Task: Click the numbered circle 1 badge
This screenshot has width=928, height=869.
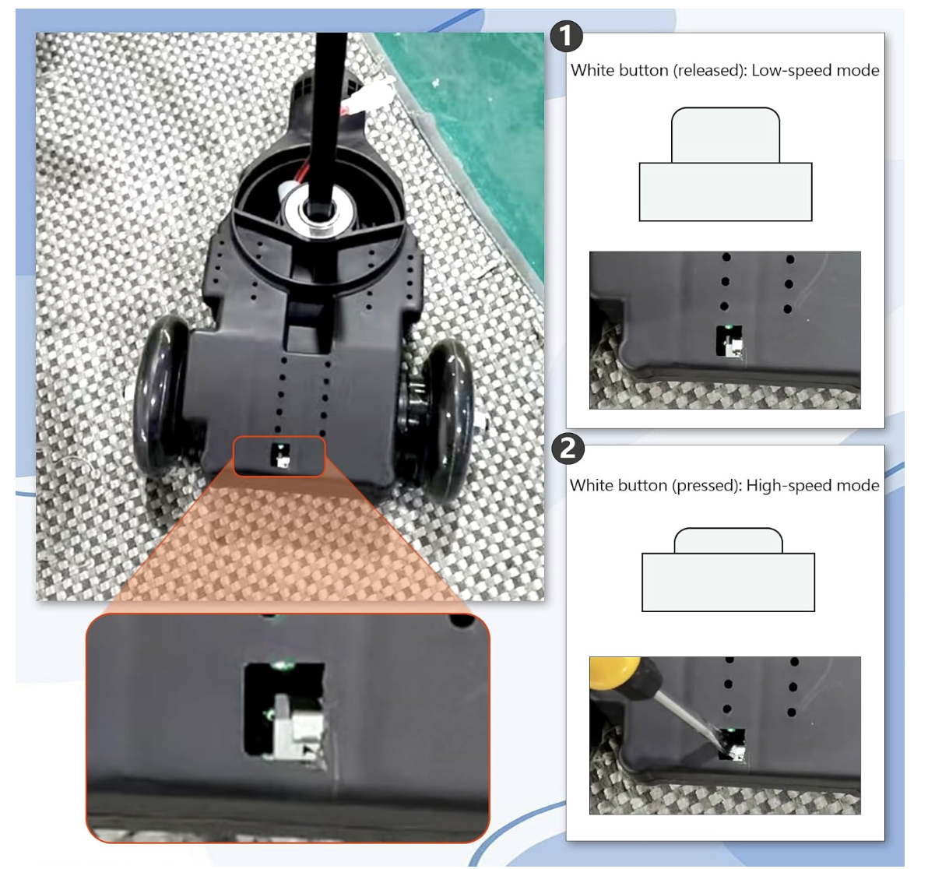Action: [x=567, y=37]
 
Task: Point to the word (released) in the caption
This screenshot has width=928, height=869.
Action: [x=709, y=70]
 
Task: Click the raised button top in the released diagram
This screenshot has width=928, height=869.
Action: [x=725, y=135]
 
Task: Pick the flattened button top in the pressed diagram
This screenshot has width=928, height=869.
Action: [x=728, y=541]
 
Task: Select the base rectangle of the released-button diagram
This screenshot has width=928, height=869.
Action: [x=725, y=192]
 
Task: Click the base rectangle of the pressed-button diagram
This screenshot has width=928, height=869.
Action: [x=728, y=582]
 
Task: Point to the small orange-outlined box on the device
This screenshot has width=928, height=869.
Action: [x=279, y=456]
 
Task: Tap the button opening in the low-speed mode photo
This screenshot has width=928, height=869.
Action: [x=729, y=342]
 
